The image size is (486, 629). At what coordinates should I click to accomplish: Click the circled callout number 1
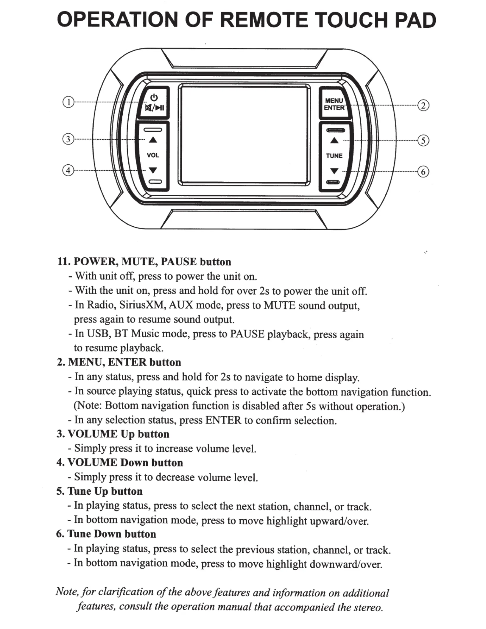tap(68, 102)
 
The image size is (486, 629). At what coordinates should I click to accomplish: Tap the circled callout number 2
tap(423, 105)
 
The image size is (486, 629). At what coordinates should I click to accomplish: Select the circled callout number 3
tap(68, 139)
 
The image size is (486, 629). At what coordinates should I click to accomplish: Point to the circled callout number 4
tap(68, 171)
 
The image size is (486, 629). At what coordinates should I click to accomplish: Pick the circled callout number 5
tap(423, 140)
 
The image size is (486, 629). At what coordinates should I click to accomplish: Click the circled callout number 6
tap(423, 172)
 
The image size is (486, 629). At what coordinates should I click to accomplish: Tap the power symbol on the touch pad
tap(154, 97)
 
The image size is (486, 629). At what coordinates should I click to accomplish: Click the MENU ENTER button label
tap(334, 104)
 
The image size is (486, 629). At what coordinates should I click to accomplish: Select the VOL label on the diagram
tap(153, 155)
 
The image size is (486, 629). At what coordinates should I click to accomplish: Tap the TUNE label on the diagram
tap(334, 156)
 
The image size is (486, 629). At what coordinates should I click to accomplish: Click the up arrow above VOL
tap(153, 139)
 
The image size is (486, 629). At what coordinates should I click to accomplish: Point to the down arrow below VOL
tap(153, 170)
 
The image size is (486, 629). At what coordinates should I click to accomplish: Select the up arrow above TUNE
tap(334, 140)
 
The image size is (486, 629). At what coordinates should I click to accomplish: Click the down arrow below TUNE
tap(334, 171)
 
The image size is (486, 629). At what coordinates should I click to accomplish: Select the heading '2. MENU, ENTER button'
tap(119, 362)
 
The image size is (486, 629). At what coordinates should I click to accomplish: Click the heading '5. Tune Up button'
tap(99, 491)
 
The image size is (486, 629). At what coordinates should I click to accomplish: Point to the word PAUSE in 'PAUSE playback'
tap(247, 334)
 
